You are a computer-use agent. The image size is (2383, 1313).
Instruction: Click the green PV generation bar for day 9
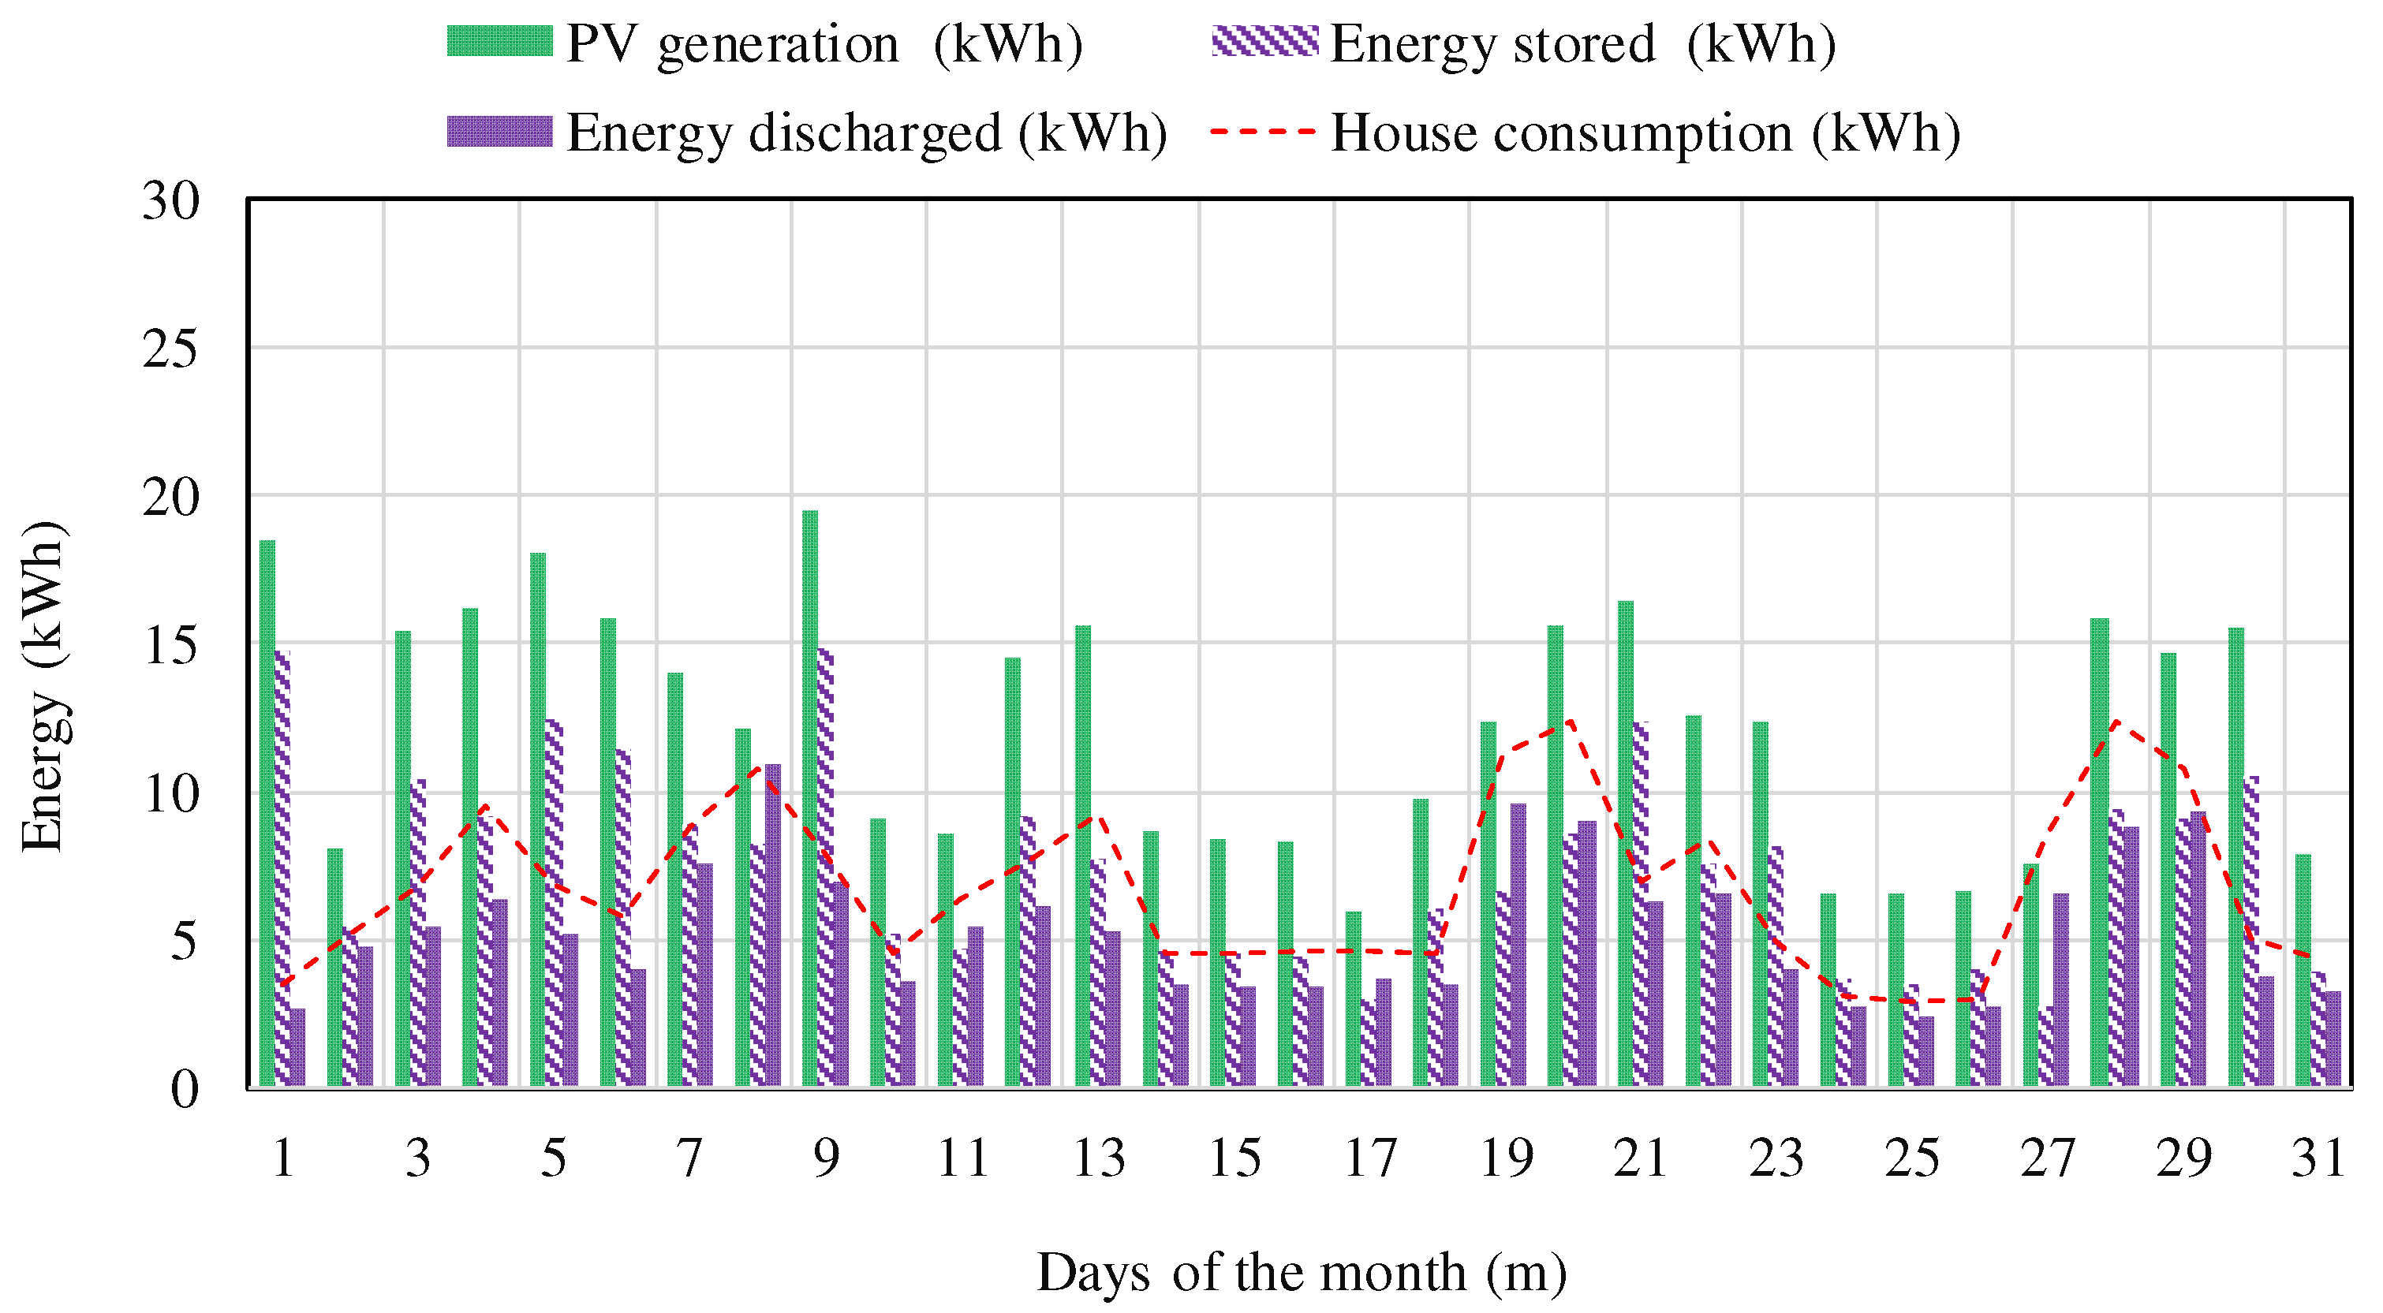coord(809,798)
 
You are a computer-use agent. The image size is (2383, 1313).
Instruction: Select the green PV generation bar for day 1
coord(267,813)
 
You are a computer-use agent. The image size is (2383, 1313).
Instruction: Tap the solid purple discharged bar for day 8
coord(772,925)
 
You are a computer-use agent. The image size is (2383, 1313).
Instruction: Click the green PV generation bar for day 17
coord(1354,998)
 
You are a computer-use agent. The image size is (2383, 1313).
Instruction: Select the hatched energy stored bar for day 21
coord(1641,904)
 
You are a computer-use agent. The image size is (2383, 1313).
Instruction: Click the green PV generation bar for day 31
coord(2303,970)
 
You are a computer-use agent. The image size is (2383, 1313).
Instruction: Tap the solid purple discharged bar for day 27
coord(2061,990)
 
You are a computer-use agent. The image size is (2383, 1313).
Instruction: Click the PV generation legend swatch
coord(499,42)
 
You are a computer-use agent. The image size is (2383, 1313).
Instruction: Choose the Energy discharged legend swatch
coord(499,131)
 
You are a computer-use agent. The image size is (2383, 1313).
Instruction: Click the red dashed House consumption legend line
coord(1264,131)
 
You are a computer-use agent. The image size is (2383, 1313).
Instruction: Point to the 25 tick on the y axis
coord(171,349)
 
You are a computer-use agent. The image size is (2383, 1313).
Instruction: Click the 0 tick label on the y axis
coord(185,1089)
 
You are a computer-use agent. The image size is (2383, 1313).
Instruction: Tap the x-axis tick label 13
coord(1099,1158)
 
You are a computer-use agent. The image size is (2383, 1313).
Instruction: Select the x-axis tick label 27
coord(2048,1158)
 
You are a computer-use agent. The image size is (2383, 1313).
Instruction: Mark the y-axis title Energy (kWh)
coord(43,685)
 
